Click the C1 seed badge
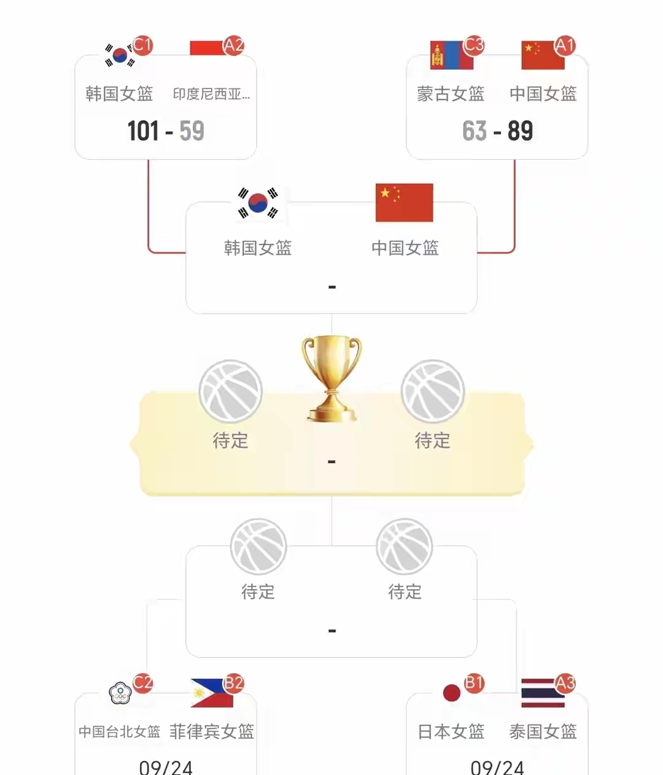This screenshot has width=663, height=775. click(x=143, y=45)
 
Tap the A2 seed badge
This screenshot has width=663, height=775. click(x=233, y=45)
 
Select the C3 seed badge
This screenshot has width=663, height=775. click(x=474, y=45)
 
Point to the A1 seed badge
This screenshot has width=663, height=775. click(x=565, y=45)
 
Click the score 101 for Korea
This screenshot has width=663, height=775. click(x=143, y=131)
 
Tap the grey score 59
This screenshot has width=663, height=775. click(x=192, y=131)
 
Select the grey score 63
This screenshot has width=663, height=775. click(x=475, y=131)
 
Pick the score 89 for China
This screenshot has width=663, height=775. click(x=520, y=131)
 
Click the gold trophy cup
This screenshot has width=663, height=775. click(x=331, y=379)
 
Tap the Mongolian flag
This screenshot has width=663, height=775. click(x=452, y=55)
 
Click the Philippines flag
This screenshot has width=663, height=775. click(x=212, y=693)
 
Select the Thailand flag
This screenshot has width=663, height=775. click(x=543, y=693)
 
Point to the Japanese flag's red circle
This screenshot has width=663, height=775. click(x=452, y=693)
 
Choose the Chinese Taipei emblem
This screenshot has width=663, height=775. click(x=120, y=693)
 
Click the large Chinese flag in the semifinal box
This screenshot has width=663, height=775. click(x=405, y=203)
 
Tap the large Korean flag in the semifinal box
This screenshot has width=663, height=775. click(x=258, y=203)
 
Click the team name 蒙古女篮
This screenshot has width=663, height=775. click(x=451, y=94)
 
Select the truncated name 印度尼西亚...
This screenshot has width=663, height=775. click(x=211, y=94)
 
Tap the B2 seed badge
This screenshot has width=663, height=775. click(x=233, y=683)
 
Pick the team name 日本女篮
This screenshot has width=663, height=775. click(x=451, y=732)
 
